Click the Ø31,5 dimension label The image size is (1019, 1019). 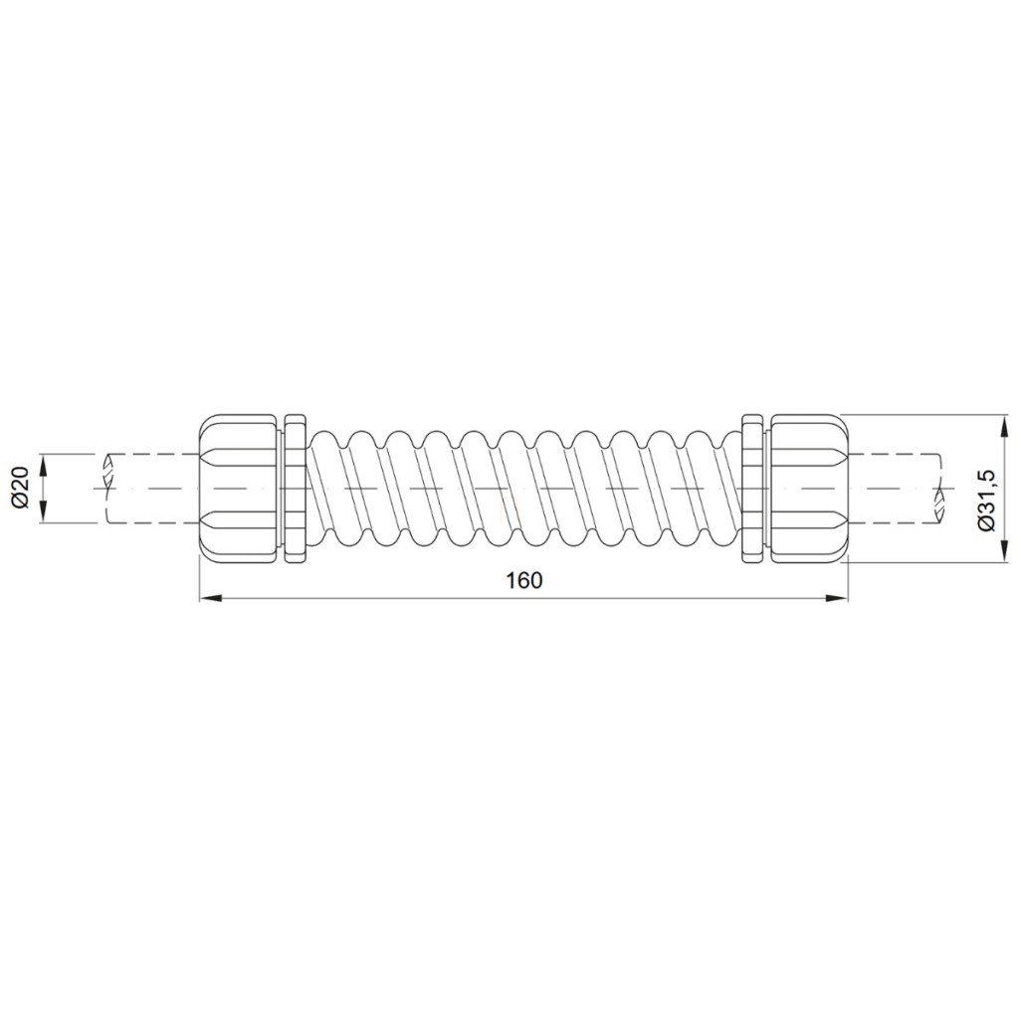986,503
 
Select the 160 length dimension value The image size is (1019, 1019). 523,580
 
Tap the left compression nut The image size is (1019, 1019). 239,488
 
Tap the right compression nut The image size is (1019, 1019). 808,488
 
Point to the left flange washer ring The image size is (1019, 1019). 295,488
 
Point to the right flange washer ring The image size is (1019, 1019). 752,488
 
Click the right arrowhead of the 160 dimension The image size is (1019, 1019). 837,598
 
